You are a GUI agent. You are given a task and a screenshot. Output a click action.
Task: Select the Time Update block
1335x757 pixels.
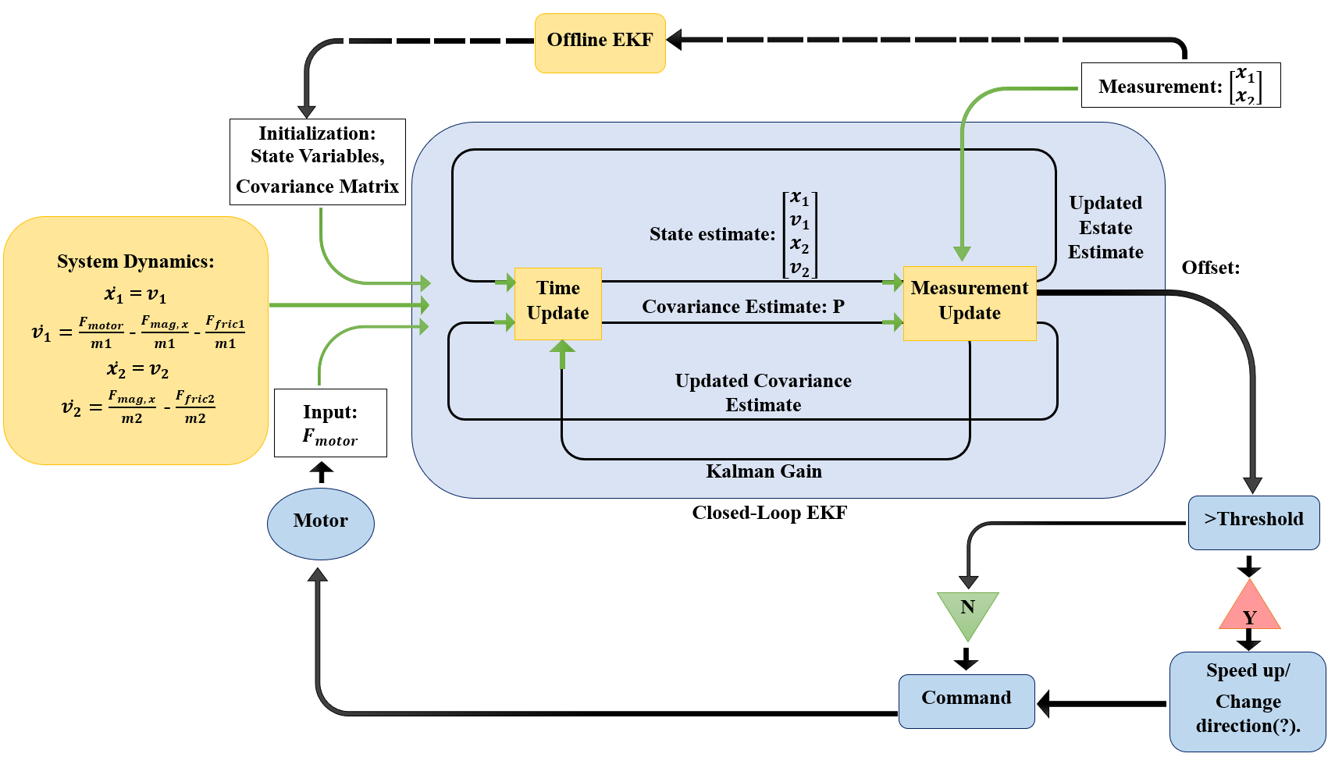557,303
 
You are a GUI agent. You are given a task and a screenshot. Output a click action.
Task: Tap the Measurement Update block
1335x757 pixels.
969,303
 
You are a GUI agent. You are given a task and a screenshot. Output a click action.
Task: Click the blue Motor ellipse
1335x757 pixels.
320,523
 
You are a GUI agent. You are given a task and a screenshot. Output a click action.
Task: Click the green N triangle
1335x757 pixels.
967,611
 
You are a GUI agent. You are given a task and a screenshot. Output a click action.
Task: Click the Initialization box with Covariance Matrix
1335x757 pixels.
317,161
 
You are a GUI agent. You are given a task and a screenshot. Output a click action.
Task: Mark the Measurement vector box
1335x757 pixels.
1180,85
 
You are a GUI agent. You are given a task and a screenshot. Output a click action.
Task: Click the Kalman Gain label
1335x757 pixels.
764,471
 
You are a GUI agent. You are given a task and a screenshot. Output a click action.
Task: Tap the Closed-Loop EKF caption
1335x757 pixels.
769,513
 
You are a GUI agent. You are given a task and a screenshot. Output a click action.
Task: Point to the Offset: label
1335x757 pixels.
1210,268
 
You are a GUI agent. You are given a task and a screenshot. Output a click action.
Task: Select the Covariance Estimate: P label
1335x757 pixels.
742,307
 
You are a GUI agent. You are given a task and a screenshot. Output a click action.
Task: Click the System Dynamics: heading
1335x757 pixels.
135,261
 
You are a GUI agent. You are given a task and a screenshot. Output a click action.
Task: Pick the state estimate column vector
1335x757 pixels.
800,234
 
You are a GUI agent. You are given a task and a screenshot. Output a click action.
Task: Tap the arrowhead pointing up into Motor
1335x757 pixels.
317,575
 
